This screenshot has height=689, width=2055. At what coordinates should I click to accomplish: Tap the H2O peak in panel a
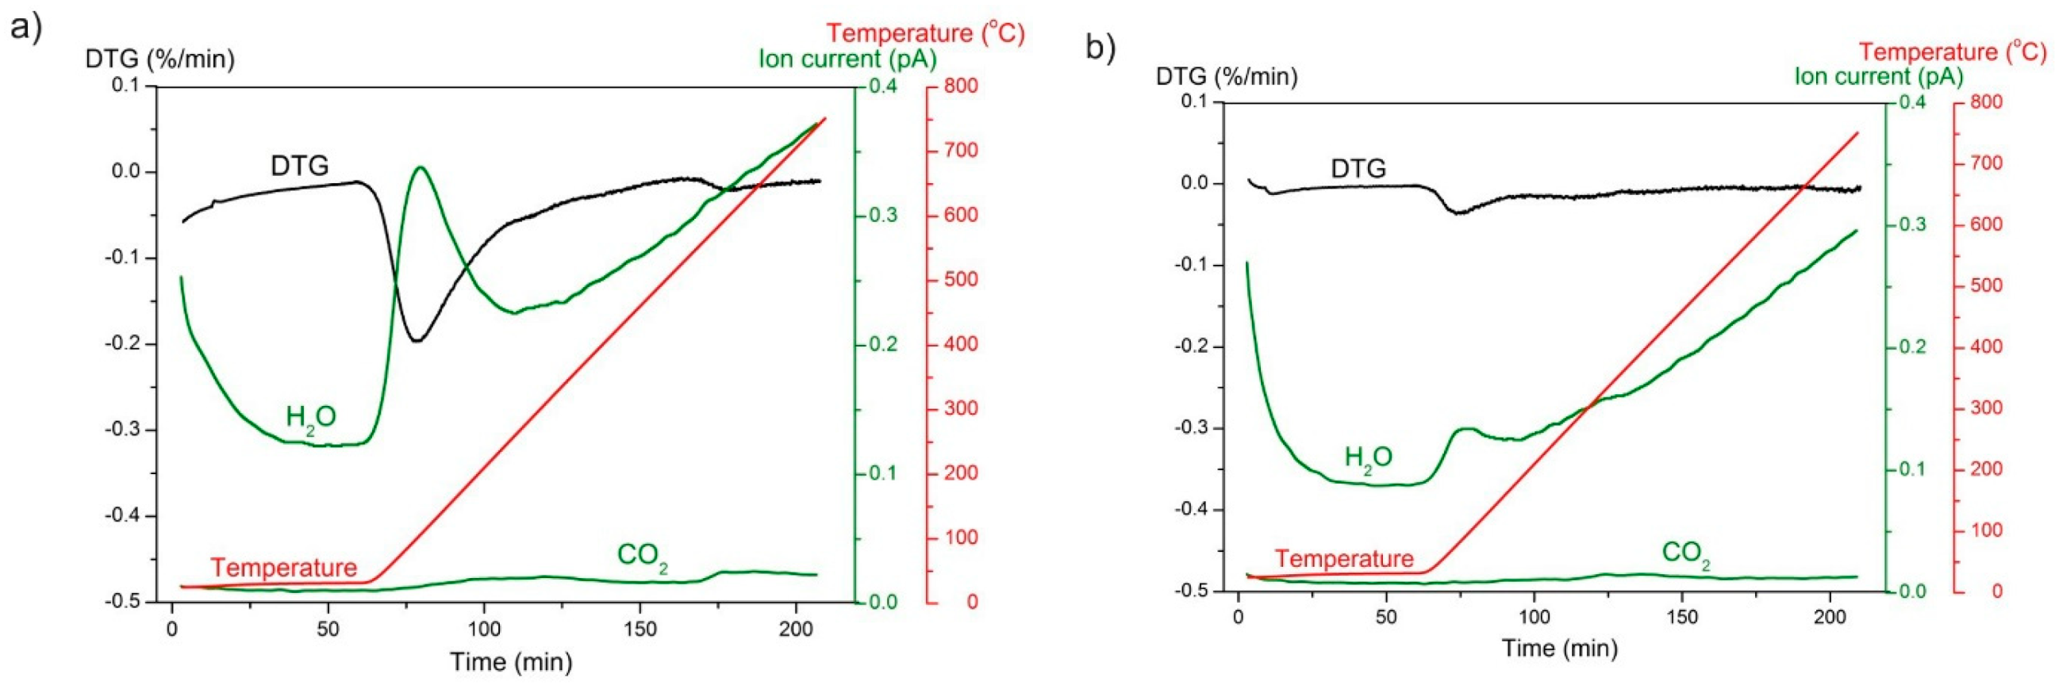pos(421,167)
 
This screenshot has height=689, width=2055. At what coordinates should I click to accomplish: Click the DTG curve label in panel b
pos(1358,169)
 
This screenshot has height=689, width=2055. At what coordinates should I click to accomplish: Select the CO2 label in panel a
pos(642,556)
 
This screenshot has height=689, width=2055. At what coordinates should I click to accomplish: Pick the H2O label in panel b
pos(1368,457)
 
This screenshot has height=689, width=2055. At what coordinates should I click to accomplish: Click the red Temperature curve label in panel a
pos(283,568)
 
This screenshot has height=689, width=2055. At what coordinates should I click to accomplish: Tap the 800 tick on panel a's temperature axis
pos(960,86)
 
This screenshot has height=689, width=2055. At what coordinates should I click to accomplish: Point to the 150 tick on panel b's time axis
pos(1681,617)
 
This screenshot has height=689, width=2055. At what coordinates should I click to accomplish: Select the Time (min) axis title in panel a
pos(510,661)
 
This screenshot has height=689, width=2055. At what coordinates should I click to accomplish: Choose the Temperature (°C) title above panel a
pos(924,33)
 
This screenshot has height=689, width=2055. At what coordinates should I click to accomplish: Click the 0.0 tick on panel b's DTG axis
pos(1193,183)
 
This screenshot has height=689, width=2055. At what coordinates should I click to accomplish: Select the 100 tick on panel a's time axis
pos(484,629)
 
